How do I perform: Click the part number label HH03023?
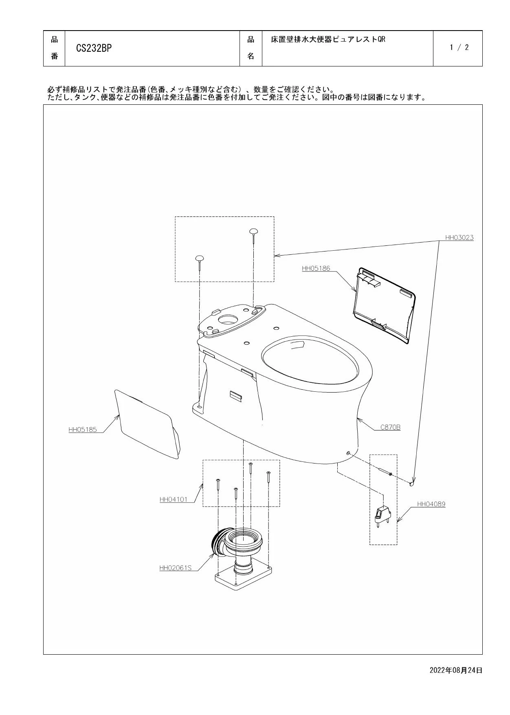pos(459,237)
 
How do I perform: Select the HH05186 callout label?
pos(316,268)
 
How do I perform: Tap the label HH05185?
pos(83,429)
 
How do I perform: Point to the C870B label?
pos(390,427)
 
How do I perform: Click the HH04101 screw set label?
pos(174,499)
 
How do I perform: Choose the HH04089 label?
pos(431,504)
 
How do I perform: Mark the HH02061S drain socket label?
pos(175,567)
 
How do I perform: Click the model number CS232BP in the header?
pos(94,48)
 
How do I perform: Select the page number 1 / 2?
pos(459,47)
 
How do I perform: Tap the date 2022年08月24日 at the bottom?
pos(456,670)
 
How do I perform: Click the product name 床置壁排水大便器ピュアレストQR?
pos(328,40)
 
